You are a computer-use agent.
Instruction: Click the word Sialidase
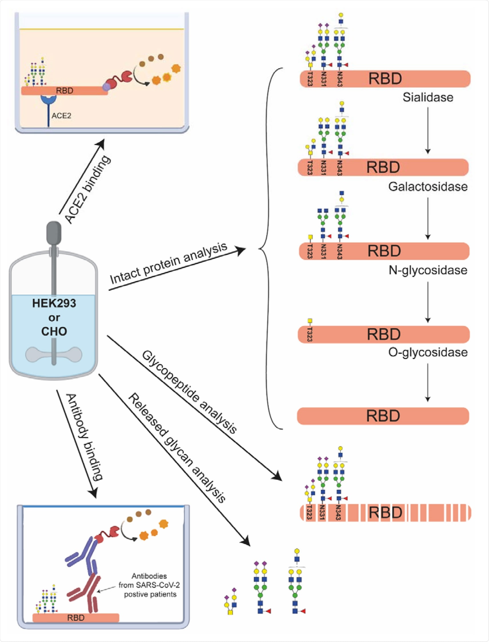428,97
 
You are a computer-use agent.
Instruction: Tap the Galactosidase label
428,186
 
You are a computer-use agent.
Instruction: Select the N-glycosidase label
428,270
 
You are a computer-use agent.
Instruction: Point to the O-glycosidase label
428,352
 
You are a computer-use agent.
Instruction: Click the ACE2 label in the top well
61,116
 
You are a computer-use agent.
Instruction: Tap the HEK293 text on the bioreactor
54,303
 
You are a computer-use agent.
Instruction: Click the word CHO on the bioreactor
54,331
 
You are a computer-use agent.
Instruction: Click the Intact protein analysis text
168,263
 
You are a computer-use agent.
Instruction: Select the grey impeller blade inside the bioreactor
54,354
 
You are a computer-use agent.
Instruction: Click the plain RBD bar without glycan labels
383,416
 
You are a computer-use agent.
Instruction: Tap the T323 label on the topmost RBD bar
310,79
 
